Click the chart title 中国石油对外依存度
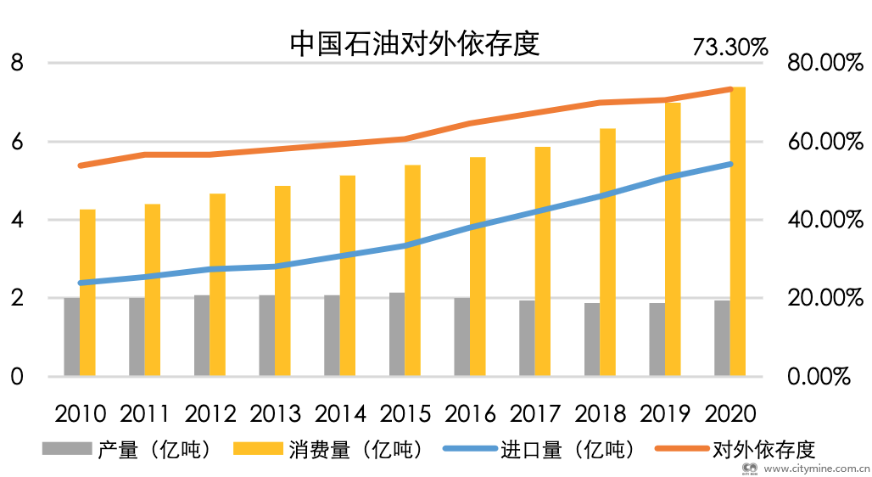tap(415, 42)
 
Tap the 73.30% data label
tap(729, 47)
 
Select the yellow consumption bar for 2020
tap(738, 231)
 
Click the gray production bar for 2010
tap(71, 337)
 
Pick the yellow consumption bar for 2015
tap(413, 270)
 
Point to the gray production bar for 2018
tap(591, 340)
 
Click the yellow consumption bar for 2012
tap(218, 284)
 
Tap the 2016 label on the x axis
tap(470, 414)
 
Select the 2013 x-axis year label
tap(275, 414)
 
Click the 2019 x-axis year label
tap(665, 414)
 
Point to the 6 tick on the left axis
tap(16, 142)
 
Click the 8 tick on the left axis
tap(16, 63)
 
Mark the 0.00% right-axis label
tap(819, 377)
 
